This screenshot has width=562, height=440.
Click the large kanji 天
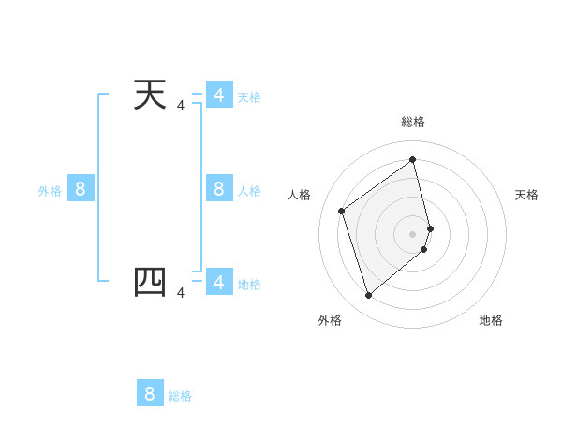tap(151, 95)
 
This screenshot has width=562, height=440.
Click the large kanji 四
tap(151, 282)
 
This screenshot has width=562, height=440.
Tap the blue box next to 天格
tap(218, 95)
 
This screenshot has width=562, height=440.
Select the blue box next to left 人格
tap(218, 189)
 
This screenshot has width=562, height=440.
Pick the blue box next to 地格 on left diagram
tap(218, 282)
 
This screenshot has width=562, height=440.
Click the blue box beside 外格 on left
tap(80, 189)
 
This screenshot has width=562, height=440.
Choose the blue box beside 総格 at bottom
tap(150, 393)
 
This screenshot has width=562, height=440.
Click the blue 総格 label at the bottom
tap(180, 396)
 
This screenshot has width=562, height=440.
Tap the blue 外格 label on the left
tap(50, 191)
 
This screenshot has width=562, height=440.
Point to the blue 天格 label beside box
tap(249, 97)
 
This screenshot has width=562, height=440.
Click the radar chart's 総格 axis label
tap(413, 122)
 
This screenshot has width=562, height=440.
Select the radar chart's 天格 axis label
tap(526, 195)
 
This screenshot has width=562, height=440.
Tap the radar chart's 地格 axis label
tap(491, 320)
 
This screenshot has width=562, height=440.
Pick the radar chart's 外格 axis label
tap(330, 320)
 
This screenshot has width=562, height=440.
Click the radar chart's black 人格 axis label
tap(300, 195)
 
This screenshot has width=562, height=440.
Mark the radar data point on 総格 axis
tap(413, 159)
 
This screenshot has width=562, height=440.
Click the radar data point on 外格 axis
tap(368, 296)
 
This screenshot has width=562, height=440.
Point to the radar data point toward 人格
tap(342, 211)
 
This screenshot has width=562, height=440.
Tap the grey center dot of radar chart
tap(413, 233)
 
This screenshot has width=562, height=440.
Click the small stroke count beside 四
tap(181, 294)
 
